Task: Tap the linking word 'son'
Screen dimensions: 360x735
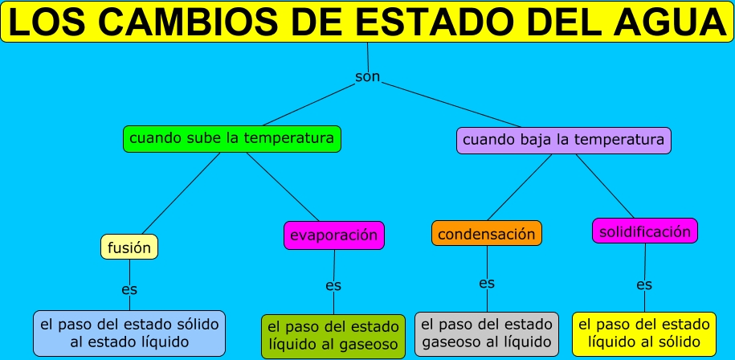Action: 367,77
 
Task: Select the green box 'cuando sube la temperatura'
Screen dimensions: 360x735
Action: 232,138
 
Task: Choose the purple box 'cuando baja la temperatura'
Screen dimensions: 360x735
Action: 563,140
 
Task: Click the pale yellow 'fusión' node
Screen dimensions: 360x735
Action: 129,247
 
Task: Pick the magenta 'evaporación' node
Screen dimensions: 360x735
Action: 334,235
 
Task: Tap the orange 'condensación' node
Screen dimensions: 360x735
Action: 486,234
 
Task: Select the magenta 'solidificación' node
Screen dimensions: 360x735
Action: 644,231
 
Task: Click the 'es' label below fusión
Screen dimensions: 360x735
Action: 129,288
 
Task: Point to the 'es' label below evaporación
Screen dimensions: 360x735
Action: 333,285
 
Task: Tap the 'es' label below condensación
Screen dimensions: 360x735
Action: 487,283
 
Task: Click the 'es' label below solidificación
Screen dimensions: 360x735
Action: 644,284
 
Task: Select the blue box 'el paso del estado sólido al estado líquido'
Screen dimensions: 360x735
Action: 129,333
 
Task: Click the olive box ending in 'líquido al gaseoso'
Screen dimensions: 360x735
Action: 333,336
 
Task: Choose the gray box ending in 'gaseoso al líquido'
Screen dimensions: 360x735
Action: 487,334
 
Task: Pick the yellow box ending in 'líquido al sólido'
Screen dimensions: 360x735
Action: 644,334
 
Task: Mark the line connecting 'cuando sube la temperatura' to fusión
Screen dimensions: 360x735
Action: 181,193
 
